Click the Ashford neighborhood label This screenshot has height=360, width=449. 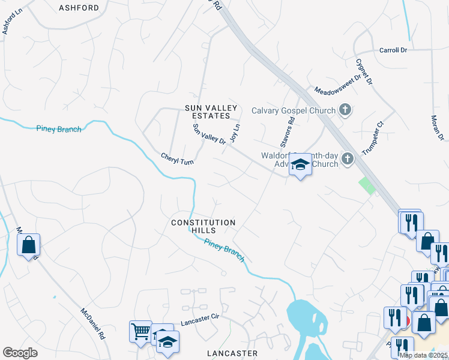[x=79, y=8]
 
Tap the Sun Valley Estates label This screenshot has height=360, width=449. [x=208, y=112]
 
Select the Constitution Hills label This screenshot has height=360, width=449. [x=203, y=226]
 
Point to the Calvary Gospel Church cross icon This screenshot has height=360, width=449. [x=345, y=110]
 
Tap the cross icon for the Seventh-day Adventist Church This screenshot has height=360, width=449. [x=347, y=159]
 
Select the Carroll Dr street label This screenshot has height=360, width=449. [x=393, y=50]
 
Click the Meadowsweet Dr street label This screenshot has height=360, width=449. [x=339, y=83]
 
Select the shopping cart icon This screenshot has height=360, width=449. [x=140, y=331]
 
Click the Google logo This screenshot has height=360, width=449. [x=20, y=353]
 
